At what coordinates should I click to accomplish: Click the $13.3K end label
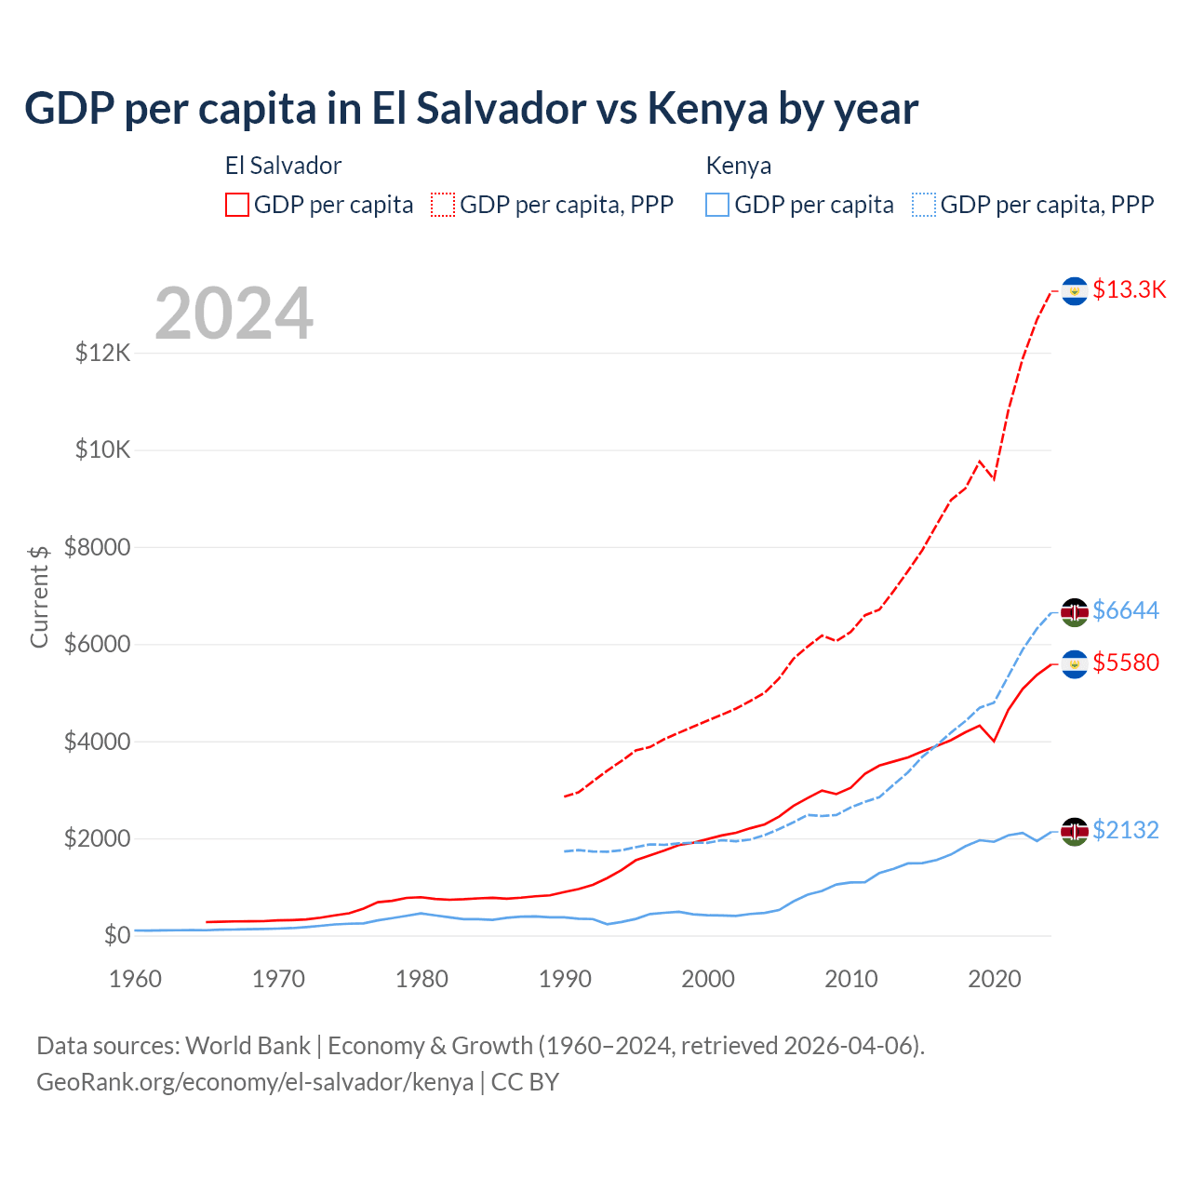[1129, 289]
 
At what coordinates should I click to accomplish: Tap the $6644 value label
[1126, 610]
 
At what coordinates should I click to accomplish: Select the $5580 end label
[1126, 662]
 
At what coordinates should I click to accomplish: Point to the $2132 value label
[1126, 830]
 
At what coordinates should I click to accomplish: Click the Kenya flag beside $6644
[1075, 612]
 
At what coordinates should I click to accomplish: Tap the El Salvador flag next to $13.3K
[1075, 291]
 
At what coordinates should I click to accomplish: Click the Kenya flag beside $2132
[1075, 831]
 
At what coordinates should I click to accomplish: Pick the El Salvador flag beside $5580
[1075, 664]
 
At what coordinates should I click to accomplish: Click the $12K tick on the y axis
[102, 353]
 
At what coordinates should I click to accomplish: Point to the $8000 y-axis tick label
[97, 547]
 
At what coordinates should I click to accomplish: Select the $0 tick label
[116, 935]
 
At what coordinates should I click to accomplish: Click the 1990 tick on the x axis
[565, 979]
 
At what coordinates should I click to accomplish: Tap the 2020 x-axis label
[995, 979]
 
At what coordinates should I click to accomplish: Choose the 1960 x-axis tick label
[136, 979]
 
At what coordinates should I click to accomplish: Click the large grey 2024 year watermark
[234, 314]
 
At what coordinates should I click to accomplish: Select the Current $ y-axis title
[39, 596]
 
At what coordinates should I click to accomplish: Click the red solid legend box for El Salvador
[237, 205]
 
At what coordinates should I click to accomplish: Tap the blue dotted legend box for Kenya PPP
[924, 205]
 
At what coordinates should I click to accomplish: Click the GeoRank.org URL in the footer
[254, 1082]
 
